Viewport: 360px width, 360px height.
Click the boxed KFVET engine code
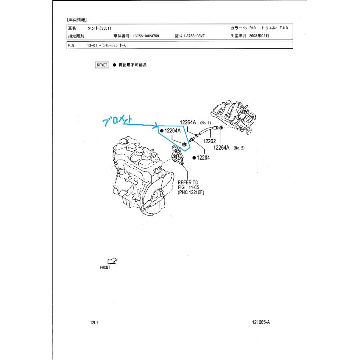click(102, 65)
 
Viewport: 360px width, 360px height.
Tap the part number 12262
click(209, 141)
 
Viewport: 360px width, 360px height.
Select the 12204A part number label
click(173, 131)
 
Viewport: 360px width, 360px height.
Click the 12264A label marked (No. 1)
click(188, 122)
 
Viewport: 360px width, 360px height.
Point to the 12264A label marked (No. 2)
click(221, 148)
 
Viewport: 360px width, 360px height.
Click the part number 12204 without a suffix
click(203, 158)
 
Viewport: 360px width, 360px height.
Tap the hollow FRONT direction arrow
click(112, 261)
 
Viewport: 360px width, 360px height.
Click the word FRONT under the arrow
click(105, 268)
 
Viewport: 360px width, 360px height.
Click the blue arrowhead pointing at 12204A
click(156, 125)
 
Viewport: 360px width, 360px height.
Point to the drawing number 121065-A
click(261, 322)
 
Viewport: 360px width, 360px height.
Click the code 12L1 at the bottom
click(94, 322)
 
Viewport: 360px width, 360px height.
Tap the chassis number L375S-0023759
click(146, 36)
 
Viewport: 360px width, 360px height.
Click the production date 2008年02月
click(259, 36)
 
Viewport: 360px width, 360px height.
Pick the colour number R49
click(252, 28)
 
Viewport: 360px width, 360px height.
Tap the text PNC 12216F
click(191, 193)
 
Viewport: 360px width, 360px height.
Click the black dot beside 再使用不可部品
click(114, 65)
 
